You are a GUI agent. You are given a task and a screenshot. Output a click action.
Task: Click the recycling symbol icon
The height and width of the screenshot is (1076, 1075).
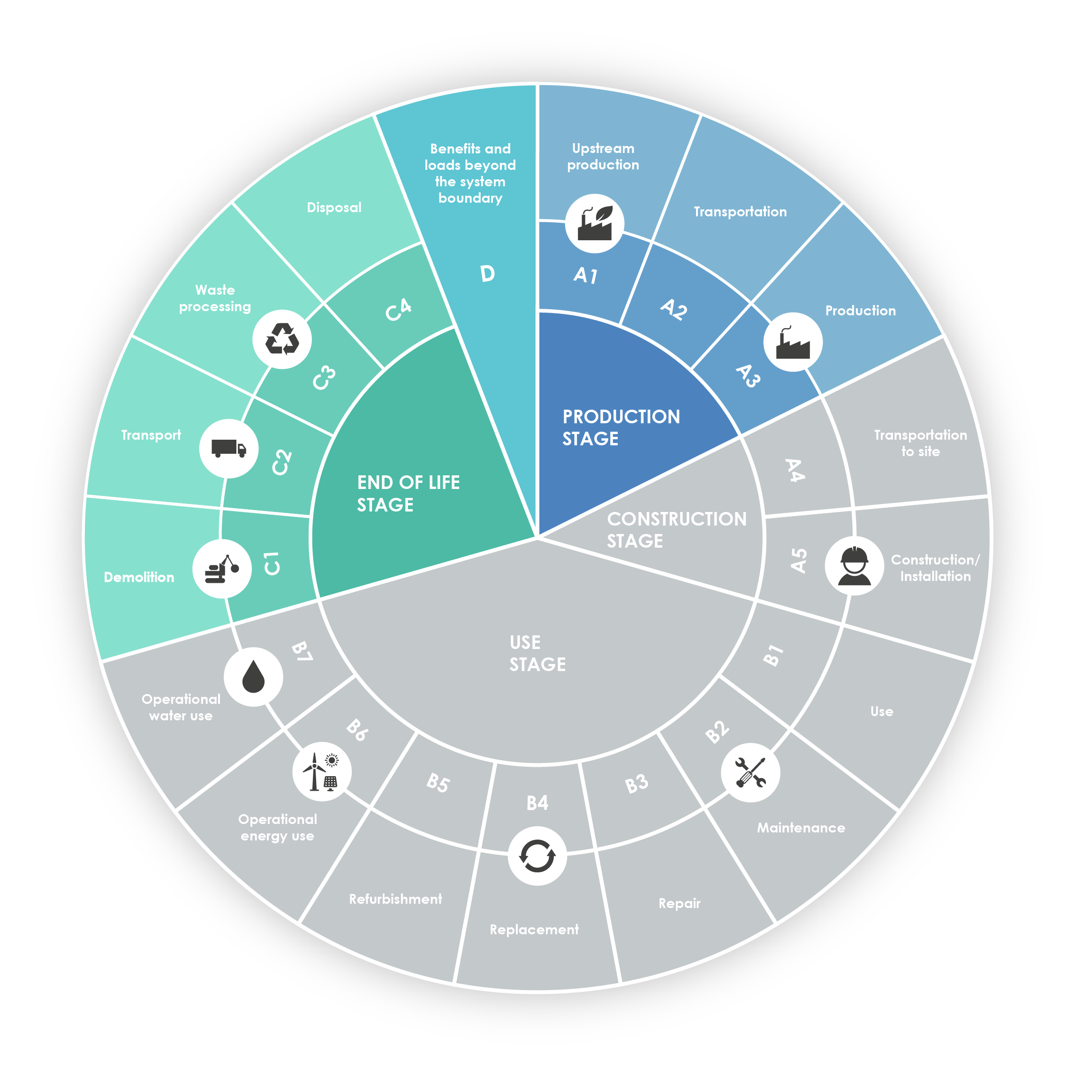pos(282,339)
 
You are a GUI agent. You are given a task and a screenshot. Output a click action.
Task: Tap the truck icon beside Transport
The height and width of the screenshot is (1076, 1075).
pos(229,448)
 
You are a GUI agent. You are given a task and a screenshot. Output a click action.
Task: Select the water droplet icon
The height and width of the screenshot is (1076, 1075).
pos(253,676)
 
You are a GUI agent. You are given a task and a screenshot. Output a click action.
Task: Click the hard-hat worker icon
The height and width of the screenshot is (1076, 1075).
pos(854,566)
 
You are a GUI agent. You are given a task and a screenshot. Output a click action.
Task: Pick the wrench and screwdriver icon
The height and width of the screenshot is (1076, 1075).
pos(750,772)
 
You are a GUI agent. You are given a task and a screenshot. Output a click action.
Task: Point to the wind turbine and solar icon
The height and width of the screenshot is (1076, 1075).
pos(321,771)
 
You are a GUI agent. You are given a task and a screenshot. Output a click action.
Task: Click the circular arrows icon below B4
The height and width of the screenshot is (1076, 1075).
pos(537,856)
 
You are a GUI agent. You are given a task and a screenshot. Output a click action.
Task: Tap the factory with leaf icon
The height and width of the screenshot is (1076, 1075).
pos(595,223)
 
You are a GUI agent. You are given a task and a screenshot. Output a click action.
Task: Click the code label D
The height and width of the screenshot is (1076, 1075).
pos(487,274)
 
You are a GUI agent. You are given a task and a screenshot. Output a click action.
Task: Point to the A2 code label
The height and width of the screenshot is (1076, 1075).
pos(674,309)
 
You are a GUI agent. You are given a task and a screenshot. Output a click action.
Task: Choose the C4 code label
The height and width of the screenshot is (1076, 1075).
pos(399,309)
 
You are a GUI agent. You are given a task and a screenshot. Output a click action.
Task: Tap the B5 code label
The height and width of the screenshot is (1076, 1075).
pos(438,783)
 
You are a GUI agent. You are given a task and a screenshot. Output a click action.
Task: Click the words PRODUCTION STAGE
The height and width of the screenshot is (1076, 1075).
pos(621,427)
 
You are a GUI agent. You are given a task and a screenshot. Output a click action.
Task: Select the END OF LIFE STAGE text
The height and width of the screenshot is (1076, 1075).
pos(408,493)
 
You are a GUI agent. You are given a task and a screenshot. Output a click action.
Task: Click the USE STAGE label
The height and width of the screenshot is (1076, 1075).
pos(537,653)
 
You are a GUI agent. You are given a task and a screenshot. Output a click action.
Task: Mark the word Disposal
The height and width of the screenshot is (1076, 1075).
pos(334,207)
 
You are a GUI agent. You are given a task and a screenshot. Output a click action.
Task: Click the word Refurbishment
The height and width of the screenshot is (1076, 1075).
pos(395,899)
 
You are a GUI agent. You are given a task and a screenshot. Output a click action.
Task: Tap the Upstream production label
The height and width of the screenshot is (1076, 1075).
pos(603,157)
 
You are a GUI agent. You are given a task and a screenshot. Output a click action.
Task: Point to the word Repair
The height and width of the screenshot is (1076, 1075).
pos(679,903)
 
